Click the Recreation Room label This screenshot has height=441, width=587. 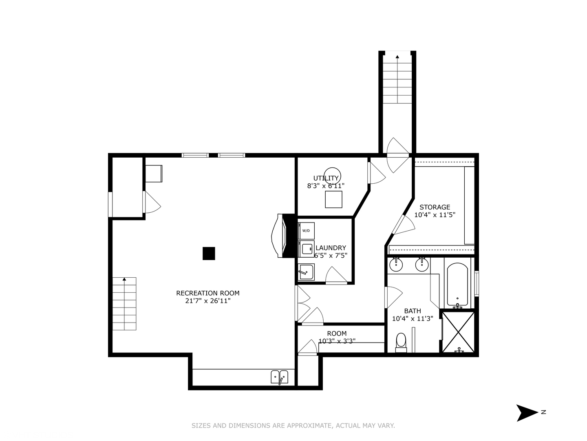tap(207, 293)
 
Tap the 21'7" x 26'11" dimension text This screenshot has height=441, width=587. tap(208, 301)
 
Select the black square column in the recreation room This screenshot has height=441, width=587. tap(209, 253)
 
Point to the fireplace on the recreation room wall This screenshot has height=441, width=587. tap(283, 236)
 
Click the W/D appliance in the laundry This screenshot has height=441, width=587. tap(306, 231)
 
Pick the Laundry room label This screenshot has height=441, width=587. tap(331, 248)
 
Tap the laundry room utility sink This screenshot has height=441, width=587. tap(306, 272)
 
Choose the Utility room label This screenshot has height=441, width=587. tap(326, 178)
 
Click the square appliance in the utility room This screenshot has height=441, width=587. tap(333, 199)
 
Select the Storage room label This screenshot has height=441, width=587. tap(435, 207)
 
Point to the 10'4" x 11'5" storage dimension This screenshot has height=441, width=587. tap(435, 215)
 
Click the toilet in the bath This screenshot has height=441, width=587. tap(401, 343)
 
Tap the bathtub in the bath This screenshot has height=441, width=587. tap(457, 285)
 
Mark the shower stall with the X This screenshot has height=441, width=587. tap(458, 332)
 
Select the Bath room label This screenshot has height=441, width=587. tap(413, 311)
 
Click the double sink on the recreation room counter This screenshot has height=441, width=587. tap(280, 377)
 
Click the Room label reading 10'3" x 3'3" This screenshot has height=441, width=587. tap(337, 337)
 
